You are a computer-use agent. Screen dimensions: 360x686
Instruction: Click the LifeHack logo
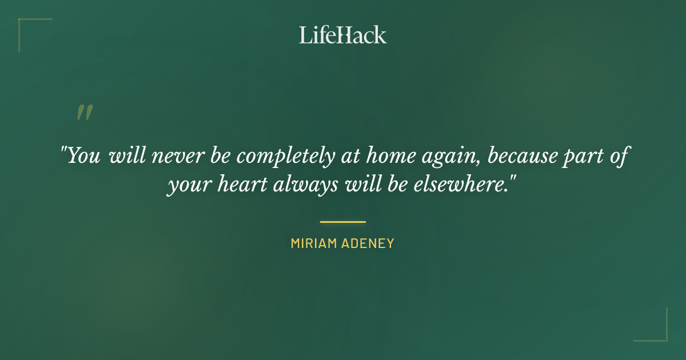(342, 35)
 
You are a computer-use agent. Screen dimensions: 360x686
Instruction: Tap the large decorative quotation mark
(85, 113)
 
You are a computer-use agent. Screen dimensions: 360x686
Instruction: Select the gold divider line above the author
(342, 222)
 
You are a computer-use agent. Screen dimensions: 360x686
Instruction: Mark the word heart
(234, 186)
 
